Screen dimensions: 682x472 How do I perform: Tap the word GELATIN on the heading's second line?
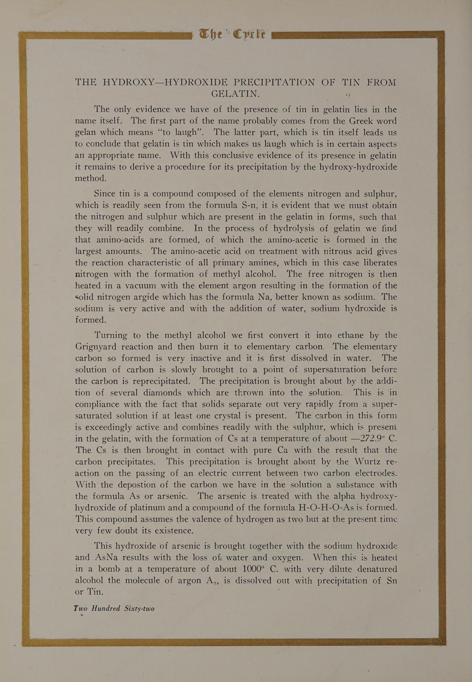235,94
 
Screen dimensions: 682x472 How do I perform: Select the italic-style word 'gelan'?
86,133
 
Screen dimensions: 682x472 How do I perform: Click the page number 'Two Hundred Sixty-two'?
114,608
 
